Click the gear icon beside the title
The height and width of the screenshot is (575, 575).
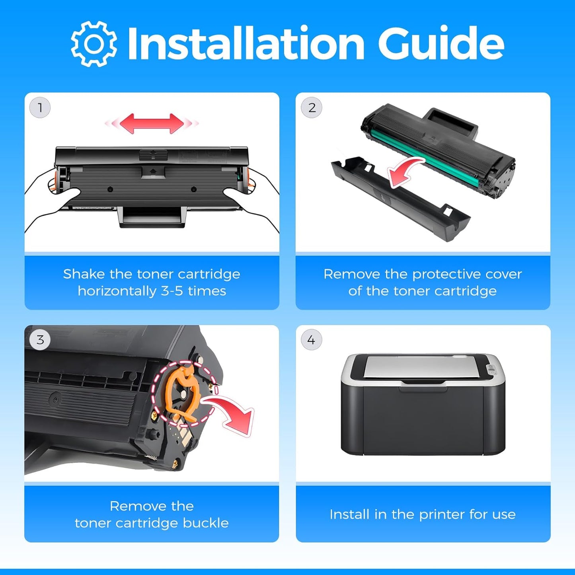94,44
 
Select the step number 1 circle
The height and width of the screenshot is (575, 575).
40,107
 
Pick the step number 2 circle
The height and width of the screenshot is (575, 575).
311,107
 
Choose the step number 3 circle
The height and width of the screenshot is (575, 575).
40,339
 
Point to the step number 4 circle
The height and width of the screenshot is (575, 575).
311,339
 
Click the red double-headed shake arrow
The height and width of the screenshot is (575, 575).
152,123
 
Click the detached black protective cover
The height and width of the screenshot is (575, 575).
400,198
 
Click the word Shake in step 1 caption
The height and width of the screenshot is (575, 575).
84,274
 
